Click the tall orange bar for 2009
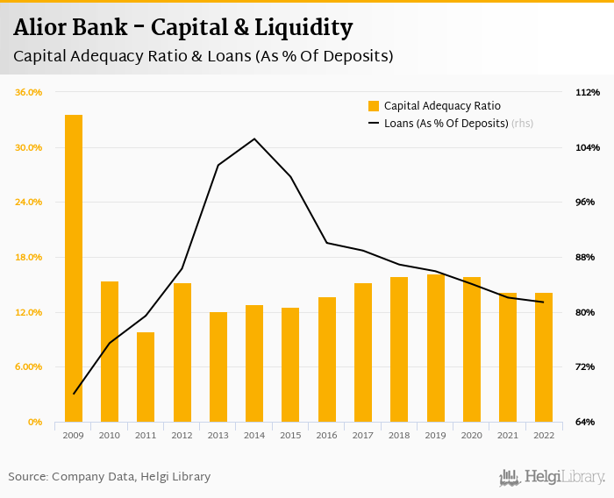[x=74, y=268]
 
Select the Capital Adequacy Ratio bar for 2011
[x=146, y=377]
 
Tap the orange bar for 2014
[x=254, y=363]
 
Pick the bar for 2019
[x=435, y=348]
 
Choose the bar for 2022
[x=544, y=357]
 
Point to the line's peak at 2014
[x=254, y=139]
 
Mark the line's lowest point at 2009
[x=74, y=394]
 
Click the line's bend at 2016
[x=326, y=243]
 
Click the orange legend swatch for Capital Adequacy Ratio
[x=374, y=106]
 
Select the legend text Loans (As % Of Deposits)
[x=446, y=124]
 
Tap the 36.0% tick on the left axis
[x=30, y=92]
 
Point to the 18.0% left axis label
[x=30, y=257]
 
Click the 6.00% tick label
[x=29, y=367]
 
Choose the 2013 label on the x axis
[x=218, y=435]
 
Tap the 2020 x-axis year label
[x=471, y=435]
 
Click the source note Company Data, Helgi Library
[x=131, y=477]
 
